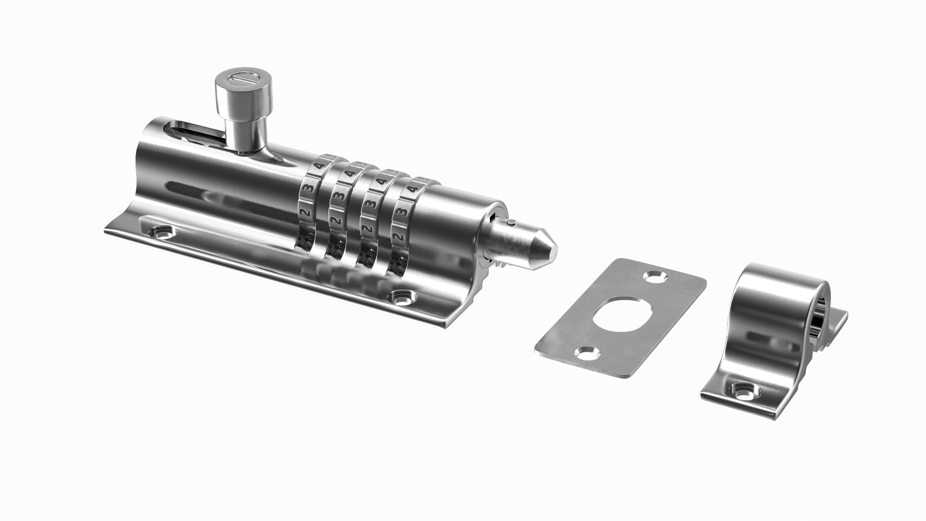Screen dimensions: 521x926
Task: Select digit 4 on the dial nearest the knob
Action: [319, 165]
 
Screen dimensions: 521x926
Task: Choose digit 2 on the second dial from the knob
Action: [336, 220]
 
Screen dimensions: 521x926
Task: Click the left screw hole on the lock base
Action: [163, 233]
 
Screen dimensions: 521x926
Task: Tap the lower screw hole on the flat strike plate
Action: [587, 355]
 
